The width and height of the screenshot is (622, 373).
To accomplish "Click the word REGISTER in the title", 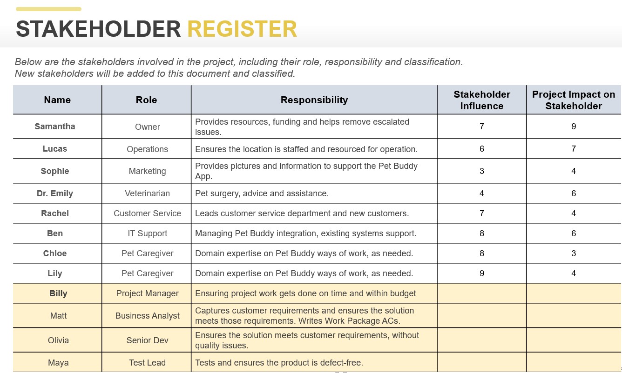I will (x=242, y=29).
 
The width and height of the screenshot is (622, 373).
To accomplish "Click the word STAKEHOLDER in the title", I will (x=98, y=29).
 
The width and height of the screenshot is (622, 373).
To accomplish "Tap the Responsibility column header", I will (x=314, y=100).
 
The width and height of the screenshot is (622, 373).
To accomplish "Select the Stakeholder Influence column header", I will (x=482, y=100).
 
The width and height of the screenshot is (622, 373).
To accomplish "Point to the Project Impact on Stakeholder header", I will (x=574, y=100).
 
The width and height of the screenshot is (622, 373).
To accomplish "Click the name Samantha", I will (x=55, y=127).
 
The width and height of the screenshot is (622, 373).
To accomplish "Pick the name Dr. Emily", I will (x=55, y=193).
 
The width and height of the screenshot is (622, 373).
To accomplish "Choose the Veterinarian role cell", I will (x=147, y=193).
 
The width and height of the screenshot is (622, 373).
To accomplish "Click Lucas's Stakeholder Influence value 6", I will (x=482, y=149).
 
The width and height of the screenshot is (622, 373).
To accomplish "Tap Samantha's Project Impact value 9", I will (x=574, y=127).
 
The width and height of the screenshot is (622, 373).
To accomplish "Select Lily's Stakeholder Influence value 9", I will (x=482, y=273).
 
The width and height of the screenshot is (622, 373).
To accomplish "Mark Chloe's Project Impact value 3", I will (x=574, y=253).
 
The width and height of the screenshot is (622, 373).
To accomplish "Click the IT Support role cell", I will (x=147, y=233).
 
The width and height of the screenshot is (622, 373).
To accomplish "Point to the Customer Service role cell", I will (x=147, y=213).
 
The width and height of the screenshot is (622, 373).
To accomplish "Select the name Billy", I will (x=58, y=293).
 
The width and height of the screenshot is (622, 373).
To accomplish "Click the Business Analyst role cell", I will (x=147, y=316).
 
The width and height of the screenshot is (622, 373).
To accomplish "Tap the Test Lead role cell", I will (x=147, y=363).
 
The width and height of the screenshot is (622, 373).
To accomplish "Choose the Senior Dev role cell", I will (x=147, y=340).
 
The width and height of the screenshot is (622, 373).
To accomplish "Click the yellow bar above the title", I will (x=48, y=9).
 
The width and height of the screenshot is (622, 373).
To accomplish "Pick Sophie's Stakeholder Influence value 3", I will (x=482, y=171).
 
